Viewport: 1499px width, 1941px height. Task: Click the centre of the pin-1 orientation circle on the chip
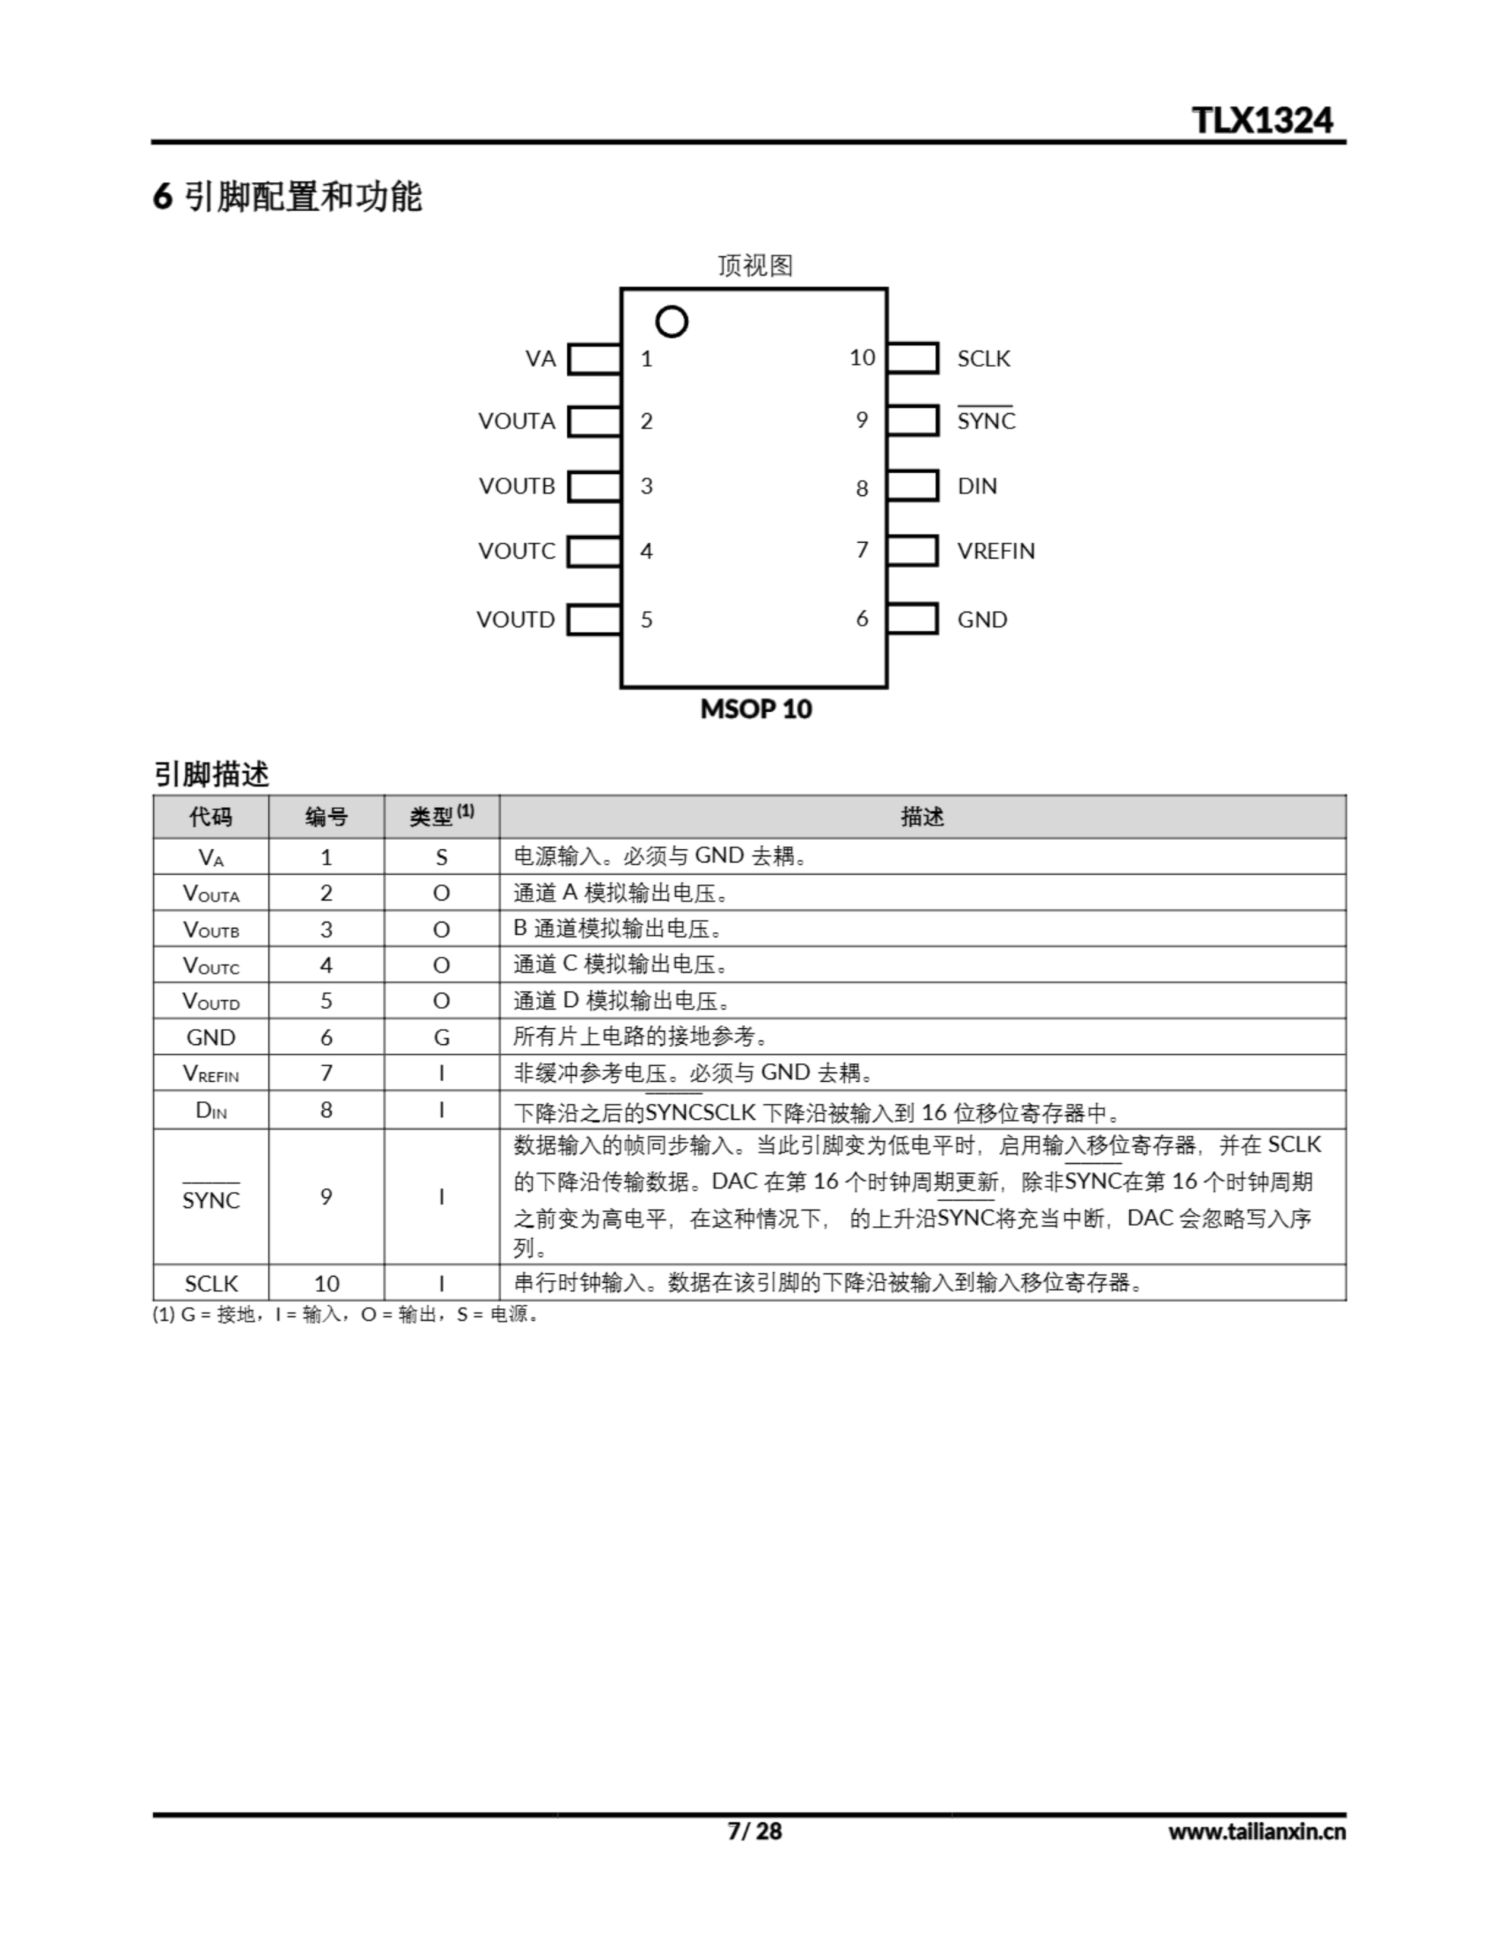click(x=671, y=321)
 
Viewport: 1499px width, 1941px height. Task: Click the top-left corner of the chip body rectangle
click(x=621, y=289)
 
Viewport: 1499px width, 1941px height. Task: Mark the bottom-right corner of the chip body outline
click(x=887, y=687)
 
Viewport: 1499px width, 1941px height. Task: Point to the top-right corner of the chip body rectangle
click(x=887, y=289)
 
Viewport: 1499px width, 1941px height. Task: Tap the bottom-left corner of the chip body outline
click(x=621, y=687)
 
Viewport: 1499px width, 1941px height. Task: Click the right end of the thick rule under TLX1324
click(x=1345, y=141)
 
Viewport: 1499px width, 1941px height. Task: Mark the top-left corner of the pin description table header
click(x=154, y=796)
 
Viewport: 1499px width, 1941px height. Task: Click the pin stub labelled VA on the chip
click(x=593, y=359)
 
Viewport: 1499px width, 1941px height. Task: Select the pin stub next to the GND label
click(x=912, y=619)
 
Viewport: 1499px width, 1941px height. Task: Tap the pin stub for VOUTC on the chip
click(x=593, y=551)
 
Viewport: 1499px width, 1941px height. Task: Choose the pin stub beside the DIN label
click(x=912, y=485)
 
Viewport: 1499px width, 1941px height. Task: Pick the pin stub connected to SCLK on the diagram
click(x=912, y=358)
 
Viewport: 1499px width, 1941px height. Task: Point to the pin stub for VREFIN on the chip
click(x=912, y=550)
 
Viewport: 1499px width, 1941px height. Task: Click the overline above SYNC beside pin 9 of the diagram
click(x=984, y=406)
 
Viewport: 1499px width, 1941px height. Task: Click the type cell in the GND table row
click(x=442, y=1037)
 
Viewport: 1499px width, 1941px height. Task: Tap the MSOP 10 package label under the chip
click(x=756, y=709)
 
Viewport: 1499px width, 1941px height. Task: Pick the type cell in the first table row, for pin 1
click(x=442, y=857)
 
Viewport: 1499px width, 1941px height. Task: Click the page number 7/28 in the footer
click(x=754, y=1831)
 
